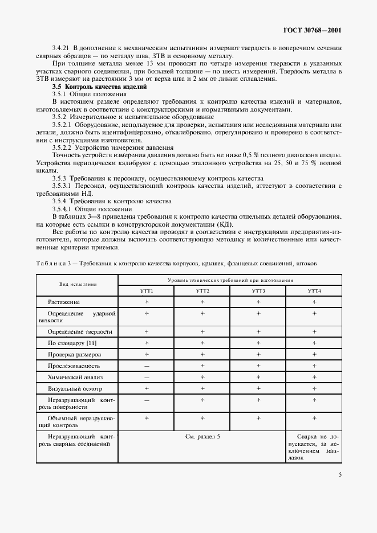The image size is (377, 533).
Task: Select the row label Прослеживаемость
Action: pyautogui.click(x=78, y=366)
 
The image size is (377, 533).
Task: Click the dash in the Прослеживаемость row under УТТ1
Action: pyautogui.click(x=146, y=366)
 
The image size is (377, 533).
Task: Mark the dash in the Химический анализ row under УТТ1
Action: pyautogui.click(x=146, y=377)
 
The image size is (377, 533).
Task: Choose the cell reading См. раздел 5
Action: pyautogui.click(x=202, y=436)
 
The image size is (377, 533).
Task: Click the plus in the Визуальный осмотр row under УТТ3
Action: pyautogui.click(x=258, y=388)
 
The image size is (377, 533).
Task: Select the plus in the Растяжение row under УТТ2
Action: pyautogui.click(x=202, y=301)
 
